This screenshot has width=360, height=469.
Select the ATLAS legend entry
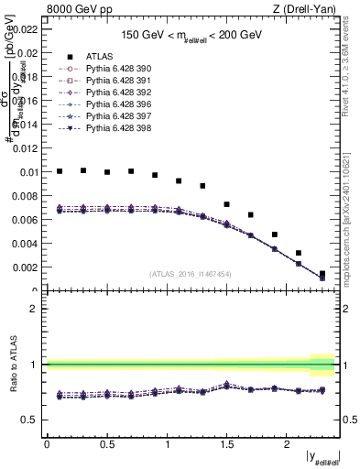(100, 56)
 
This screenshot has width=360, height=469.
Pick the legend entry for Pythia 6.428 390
(113, 69)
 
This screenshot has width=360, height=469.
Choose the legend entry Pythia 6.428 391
(113, 81)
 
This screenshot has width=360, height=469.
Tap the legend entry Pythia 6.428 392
(113, 93)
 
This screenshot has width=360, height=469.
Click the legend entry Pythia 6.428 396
(113, 104)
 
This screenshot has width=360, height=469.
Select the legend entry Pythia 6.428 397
(113, 116)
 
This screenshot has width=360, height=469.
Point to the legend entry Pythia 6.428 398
(113, 128)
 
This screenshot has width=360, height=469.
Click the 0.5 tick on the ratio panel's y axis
(30, 420)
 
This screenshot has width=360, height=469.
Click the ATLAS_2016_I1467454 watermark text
(191, 273)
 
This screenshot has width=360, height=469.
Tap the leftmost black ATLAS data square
(60, 171)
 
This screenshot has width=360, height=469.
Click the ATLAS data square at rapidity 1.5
(227, 204)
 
